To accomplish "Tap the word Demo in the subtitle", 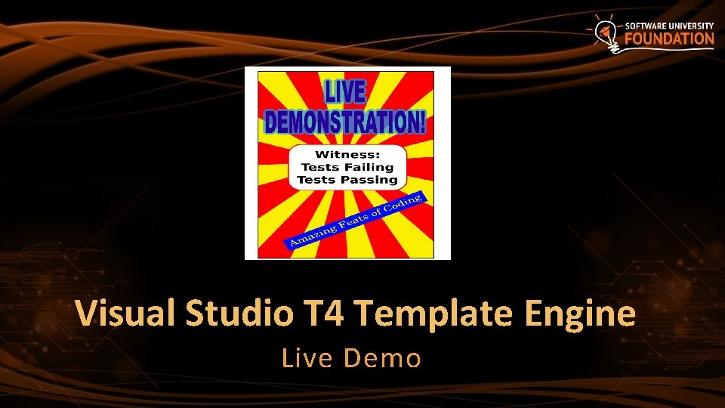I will click(x=382, y=357).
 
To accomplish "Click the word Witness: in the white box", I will click(x=347, y=154).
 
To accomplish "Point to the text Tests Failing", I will click(x=347, y=167).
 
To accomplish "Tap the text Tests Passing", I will click(x=347, y=180).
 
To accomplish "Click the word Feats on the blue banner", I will click(x=355, y=219).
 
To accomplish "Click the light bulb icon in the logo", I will click(x=604, y=32).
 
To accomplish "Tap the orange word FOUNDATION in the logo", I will click(x=669, y=39).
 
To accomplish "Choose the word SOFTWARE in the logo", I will click(x=646, y=25).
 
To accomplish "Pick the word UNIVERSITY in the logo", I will click(x=692, y=25).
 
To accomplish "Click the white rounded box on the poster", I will click(x=347, y=166).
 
